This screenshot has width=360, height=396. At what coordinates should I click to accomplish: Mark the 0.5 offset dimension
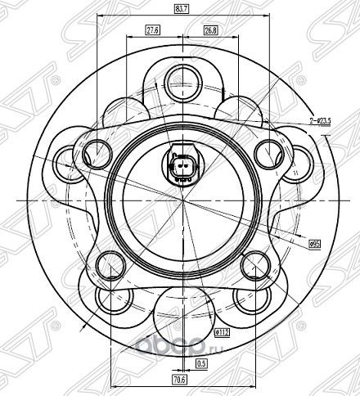click(201, 362)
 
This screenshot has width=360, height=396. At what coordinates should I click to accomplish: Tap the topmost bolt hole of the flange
click(179, 79)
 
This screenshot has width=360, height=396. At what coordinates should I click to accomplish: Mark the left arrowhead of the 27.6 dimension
click(132, 36)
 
